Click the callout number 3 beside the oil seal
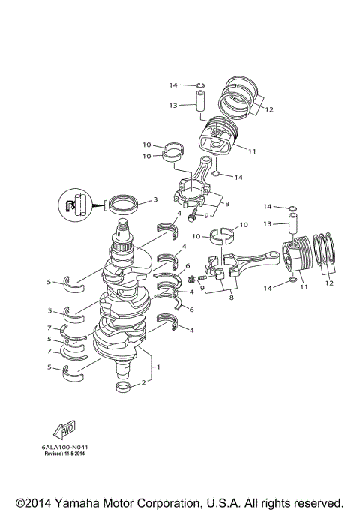point(154,200)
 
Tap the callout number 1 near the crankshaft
point(157,367)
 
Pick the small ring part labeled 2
point(123,387)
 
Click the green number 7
point(49,350)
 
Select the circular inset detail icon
point(72,205)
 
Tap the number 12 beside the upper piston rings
point(268,109)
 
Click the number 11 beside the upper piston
point(252,151)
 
